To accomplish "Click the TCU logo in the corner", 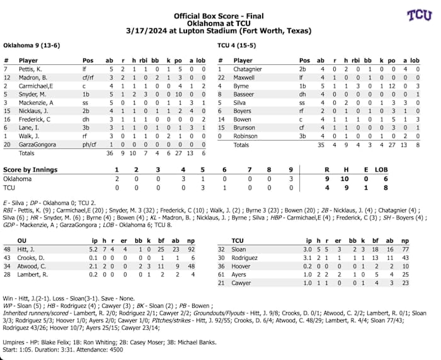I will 419,15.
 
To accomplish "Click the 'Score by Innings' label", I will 30,170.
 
